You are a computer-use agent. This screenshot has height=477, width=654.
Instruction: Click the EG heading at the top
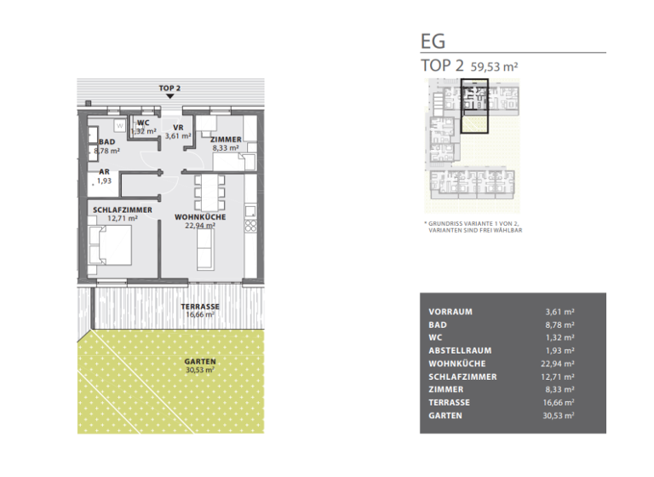click(x=433, y=41)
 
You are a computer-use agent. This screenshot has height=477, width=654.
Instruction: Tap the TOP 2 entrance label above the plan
click(x=170, y=88)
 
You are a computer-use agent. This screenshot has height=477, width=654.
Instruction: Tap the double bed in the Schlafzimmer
click(x=112, y=249)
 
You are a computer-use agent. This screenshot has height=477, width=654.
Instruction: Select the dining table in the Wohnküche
click(x=209, y=193)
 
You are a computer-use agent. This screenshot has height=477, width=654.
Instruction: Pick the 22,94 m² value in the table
click(x=559, y=364)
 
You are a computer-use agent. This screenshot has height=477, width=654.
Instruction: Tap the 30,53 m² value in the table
click(x=559, y=416)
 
